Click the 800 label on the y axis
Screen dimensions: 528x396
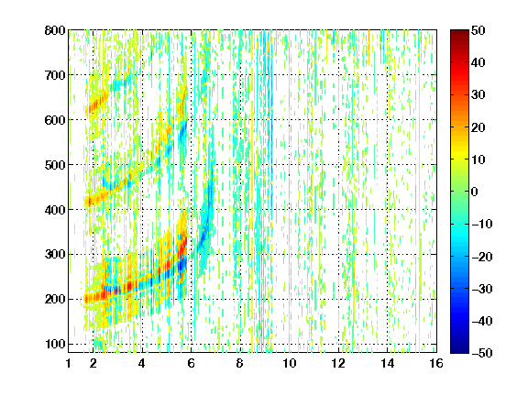tap(55, 30)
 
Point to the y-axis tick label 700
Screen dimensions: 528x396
tap(55, 75)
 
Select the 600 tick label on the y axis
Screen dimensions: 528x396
tap(55, 120)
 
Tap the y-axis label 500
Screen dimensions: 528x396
tap(55, 165)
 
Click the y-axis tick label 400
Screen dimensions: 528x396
tap(55, 210)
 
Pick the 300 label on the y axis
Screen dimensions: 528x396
tap(55, 254)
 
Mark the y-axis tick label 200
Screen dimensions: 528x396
tap(55, 299)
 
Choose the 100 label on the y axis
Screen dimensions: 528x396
tap(55, 344)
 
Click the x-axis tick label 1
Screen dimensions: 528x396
tap(69, 363)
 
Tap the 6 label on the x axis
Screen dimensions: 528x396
tap(192, 363)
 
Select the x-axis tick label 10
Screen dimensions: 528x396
tap(290, 363)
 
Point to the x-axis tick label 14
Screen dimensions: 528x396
tap(388, 363)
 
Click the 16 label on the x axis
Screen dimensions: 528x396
tap(436, 363)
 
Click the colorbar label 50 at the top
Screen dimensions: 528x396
tap(478, 30)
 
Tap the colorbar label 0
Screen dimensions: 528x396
tap(475, 192)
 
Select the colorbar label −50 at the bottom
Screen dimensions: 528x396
tap(482, 353)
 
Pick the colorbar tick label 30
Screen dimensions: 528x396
tap(478, 95)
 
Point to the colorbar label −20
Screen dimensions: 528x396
tap(482, 257)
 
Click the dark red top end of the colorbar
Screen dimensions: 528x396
tap(459, 32)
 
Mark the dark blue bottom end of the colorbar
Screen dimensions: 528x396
tap(459, 350)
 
